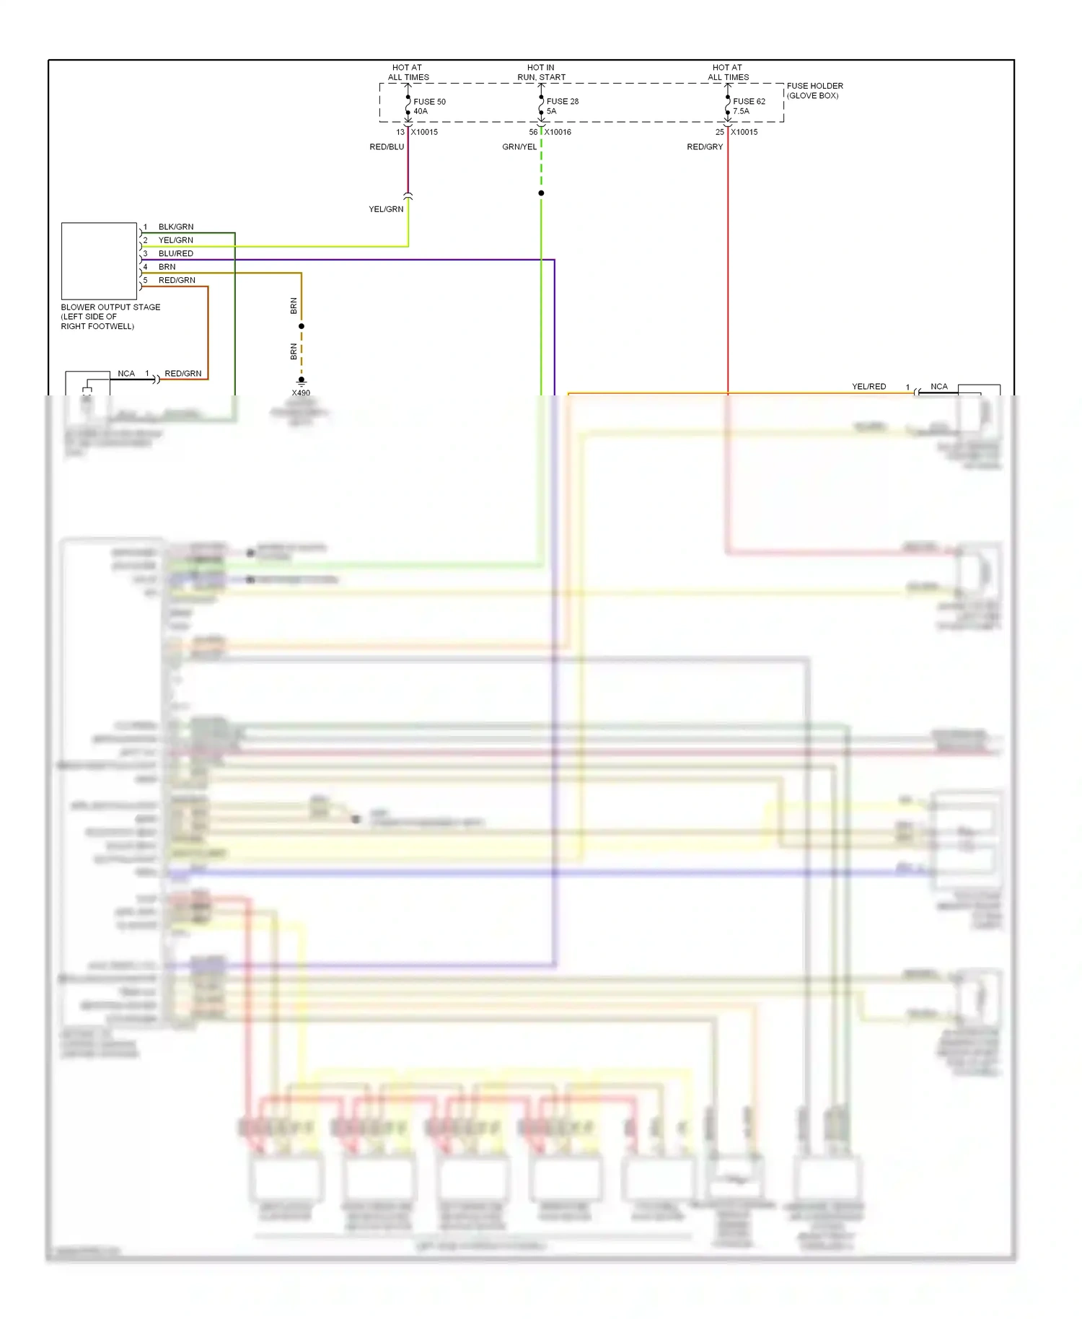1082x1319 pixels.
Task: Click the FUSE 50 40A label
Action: pyautogui.click(x=429, y=106)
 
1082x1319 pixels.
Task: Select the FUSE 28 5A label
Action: pyautogui.click(x=562, y=106)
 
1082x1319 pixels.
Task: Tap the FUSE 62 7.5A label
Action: pyautogui.click(x=749, y=106)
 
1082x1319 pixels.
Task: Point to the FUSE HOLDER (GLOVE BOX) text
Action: pyautogui.click(x=814, y=90)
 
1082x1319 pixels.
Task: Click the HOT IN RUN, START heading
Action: pyautogui.click(x=541, y=72)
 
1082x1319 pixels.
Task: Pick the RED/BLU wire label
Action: pyautogui.click(x=387, y=147)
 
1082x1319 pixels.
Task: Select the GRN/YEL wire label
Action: pyautogui.click(x=519, y=147)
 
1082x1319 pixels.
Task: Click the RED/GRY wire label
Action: pyautogui.click(x=705, y=147)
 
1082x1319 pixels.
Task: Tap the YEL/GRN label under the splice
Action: pyautogui.click(x=386, y=209)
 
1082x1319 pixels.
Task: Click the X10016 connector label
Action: pyautogui.click(x=558, y=132)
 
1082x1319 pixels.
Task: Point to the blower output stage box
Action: pyautogui.click(x=99, y=260)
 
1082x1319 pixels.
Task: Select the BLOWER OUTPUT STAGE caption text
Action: pyautogui.click(x=110, y=316)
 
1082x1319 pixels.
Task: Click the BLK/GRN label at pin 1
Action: pyautogui.click(x=176, y=227)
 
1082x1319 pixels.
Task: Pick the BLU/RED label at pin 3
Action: pyautogui.click(x=176, y=253)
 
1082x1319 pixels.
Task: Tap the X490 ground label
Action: pyautogui.click(x=301, y=393)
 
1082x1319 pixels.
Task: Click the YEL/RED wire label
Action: pyautogui.click(x=868, y=387)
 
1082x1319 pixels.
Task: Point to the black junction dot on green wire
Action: pyautogui.click(x=541, y=193)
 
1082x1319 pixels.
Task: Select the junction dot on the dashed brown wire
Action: pyautogui.click(x=302, y=326)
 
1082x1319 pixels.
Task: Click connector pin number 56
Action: pyautogui.click(x=533, y=132)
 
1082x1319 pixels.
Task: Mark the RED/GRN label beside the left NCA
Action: pyautogui.click(x=182, y=374)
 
